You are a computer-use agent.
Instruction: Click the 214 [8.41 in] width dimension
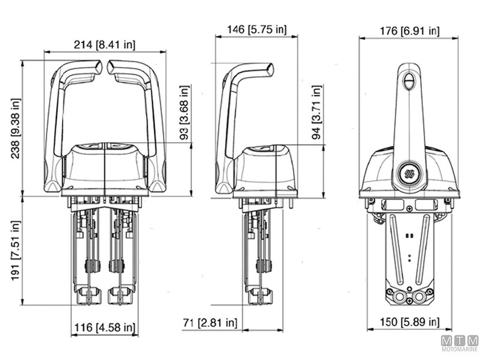(105, 44)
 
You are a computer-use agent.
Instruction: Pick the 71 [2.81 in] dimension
(210, 323)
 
